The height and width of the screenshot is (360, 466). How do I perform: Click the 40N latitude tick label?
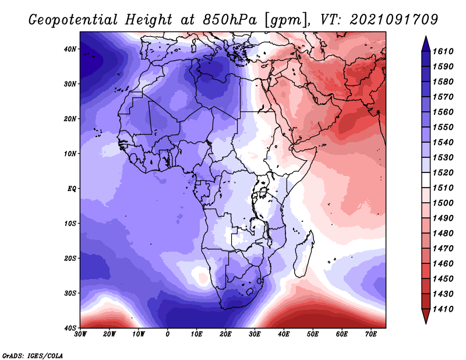pyautogui.click(x=70, y=49)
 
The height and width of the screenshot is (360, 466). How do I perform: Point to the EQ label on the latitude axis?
pyautogui.click(x=72, y=189)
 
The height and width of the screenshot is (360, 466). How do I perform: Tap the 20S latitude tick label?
pyautogui.click(x=70, y=258)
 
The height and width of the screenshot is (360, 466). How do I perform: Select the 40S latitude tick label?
pyautogui.click(x=70, y=328)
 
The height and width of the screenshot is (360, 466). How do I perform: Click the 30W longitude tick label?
pyautogui.click(x=80, y=334)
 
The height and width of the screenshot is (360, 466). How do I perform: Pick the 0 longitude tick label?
pyautogui.click(x=167, y=334)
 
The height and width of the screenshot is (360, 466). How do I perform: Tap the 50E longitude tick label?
pyautogui.click(x=313, y=334)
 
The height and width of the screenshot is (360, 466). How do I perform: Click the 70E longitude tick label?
pyautogui.click(x=370, y=334)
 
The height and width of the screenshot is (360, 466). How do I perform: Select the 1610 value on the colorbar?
pyautogui.click(x=443, y=51)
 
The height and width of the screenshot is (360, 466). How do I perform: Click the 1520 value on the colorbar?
pyautogui.click(x=443, y=172)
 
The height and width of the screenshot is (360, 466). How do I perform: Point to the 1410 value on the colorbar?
pyautogui.click(x=443, y=309)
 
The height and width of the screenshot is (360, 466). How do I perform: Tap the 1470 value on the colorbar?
pyautogui.click(x=443, y=249)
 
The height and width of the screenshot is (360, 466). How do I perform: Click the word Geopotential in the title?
pyautogui.click(x=73, y=20)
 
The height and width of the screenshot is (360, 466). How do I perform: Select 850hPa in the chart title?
pyautogui.click(x=230, y=20)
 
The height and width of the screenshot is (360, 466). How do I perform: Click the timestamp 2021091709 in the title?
pyautogui.click(x=394, y=20)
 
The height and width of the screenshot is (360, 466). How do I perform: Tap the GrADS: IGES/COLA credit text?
pyautogui.click(x=33, y=356)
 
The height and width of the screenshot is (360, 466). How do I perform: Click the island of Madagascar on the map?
pyautogui.click(x=304, y=253)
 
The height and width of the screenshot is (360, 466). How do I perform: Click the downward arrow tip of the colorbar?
pyautogui.click(x=426, y=323)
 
